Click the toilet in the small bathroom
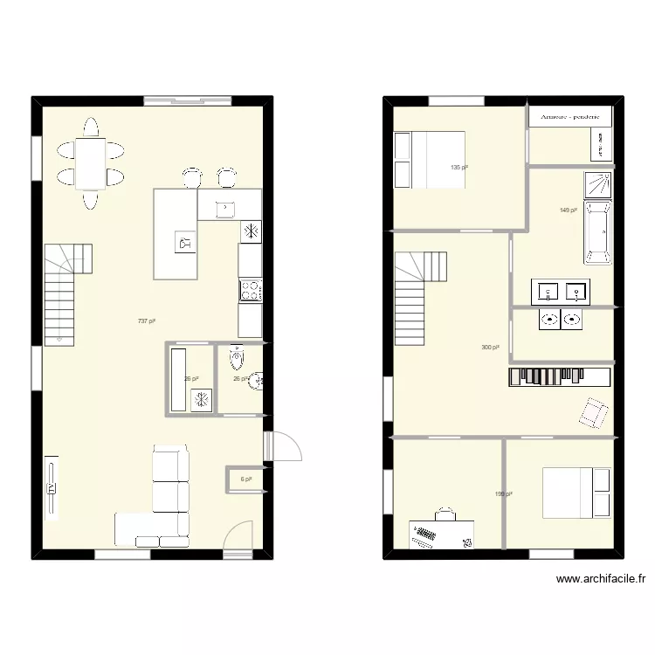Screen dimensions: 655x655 [x=236, y=358]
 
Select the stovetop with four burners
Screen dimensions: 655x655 [x=251, y=290]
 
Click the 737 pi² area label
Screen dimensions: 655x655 [x=146, y=321]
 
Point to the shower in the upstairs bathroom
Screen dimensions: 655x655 [x=598, y=185]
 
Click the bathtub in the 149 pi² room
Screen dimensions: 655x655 [x=598, y=232]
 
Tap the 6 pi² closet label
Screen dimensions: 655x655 [x=246, y=479]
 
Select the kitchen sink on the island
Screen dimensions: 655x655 [x=225, y=208]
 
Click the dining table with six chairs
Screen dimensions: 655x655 [x=90, y=163]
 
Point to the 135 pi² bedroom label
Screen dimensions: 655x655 [x=458, y=168]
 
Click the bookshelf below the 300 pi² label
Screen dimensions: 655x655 [x=559, y=376]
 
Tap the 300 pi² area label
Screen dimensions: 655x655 [x=490, y=348]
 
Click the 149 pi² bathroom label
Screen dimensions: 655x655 [x=568, y=210]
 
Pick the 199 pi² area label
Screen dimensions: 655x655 [x=503, y=494]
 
